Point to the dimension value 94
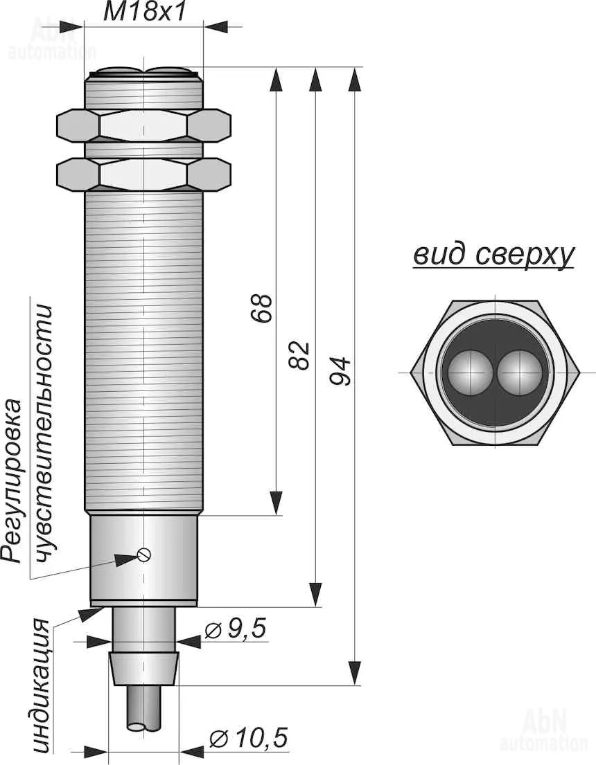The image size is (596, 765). pyautogui.click(x=341, y=371)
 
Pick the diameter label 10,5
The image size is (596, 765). pyautogui.click(x=247, y=739)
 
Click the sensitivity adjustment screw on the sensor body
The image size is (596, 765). pyautogui.click(x=144, y=554)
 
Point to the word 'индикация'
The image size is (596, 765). pyautogui.click(x=42, y=685)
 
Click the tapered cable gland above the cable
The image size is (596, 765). pyautogui.click(x=144, y=668)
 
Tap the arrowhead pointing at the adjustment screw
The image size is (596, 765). pyautogui.click(x=125, y=559)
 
